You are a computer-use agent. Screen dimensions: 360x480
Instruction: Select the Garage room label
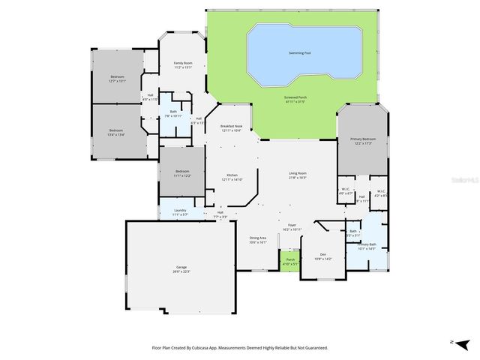[181, 267]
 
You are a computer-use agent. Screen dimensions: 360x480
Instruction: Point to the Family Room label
[184, 63]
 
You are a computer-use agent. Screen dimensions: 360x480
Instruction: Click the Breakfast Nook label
[231, 126]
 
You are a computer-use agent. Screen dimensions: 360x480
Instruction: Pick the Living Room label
[298, 173]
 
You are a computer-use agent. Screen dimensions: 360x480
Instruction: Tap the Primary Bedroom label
[363, 139]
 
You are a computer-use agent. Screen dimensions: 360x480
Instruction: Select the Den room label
[324, 254]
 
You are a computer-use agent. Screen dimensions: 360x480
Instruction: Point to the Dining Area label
[258, 238]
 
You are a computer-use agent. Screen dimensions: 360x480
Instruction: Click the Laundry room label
[180, 210]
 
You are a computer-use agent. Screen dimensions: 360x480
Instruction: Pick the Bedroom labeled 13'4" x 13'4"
[117, 130]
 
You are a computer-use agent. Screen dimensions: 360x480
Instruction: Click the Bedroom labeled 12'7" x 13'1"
[118, 76]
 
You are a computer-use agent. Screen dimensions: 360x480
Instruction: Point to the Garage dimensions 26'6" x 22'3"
[181, 271]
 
